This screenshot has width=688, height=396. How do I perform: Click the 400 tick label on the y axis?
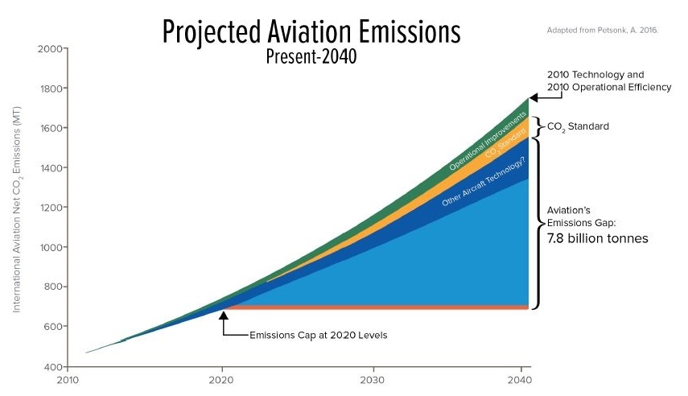(x=51, y=367)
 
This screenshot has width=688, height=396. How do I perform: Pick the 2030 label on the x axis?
(x=372, y=380)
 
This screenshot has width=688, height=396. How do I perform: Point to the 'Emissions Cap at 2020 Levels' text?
(x=319, y=335)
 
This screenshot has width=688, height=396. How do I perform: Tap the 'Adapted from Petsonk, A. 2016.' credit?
(x=604, y=31)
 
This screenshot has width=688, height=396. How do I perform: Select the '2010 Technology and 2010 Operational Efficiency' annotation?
(x=608, y=80)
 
